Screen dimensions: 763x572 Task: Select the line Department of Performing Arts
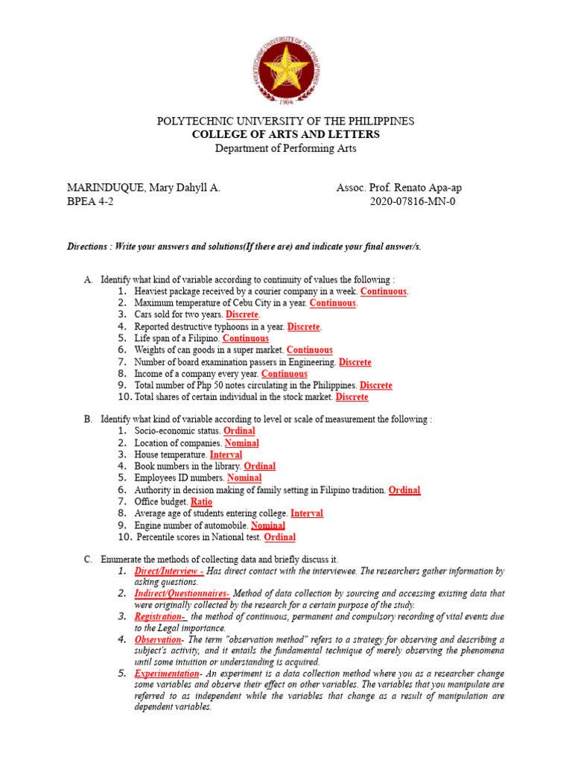(285, 148)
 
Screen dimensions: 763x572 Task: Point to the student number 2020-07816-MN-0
(412, 201)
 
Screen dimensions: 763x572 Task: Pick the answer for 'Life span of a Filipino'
(246, 338)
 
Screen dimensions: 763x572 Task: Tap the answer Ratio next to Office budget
(201, 502)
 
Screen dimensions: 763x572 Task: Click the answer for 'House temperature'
(226, 455)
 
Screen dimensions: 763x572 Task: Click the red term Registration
(159, 617)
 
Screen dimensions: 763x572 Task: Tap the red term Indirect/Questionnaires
(180, 594)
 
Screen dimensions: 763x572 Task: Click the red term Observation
(157, 639)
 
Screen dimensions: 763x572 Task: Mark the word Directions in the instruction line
(88, 247)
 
